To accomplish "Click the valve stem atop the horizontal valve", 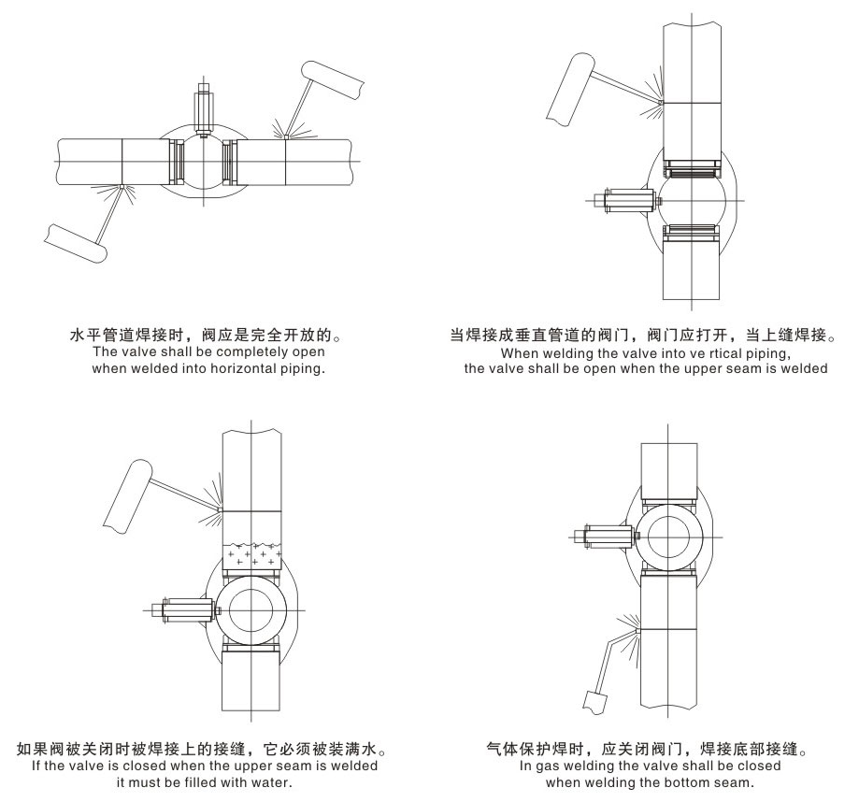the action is coord(204,109).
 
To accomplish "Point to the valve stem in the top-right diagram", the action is coord(630,200).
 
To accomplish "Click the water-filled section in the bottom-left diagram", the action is coord(252,556).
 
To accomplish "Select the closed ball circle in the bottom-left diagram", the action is coord(251,610).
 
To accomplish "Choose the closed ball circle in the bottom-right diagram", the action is coord(669,537).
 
